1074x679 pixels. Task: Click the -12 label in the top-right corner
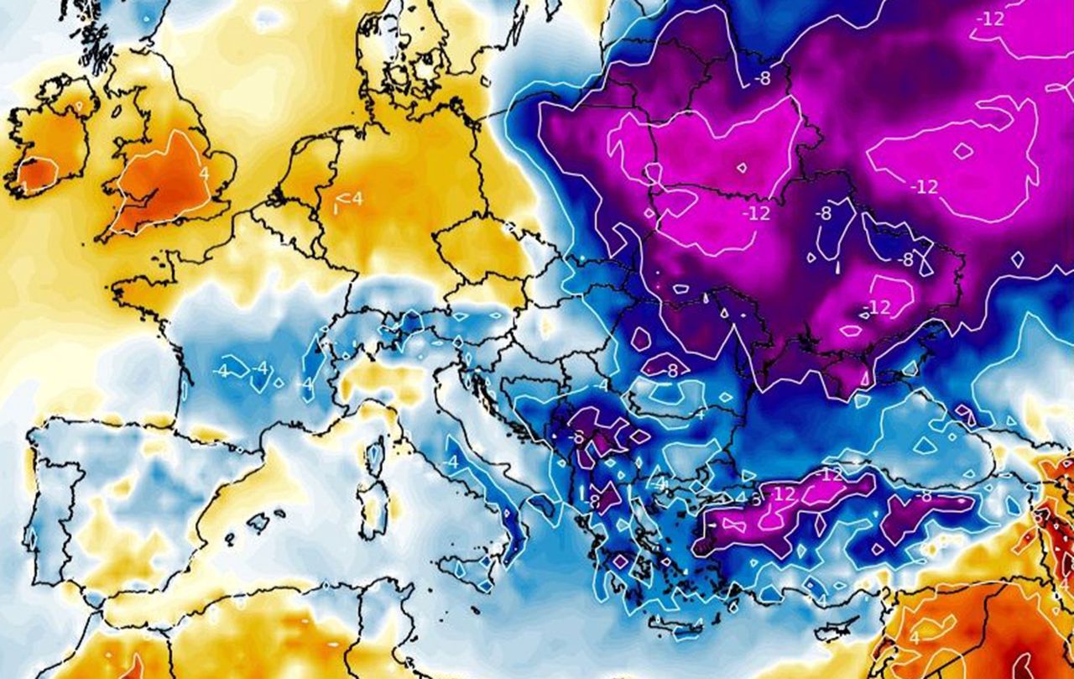point(991,18)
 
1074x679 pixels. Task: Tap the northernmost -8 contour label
point(762,78)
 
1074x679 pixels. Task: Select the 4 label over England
point(204,174)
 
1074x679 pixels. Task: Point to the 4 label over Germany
point(356,199)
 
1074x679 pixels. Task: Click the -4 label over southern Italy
point(451,462)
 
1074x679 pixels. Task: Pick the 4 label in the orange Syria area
point(914,637)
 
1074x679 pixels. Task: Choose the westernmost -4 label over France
point(222,370)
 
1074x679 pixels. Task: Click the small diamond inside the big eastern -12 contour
point(963,151)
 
